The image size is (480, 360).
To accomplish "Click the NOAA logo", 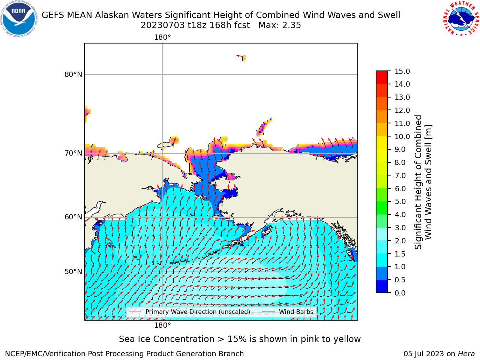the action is [19, 19].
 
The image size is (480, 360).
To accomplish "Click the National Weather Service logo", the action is [461, 19].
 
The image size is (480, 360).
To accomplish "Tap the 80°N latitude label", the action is [73, 75].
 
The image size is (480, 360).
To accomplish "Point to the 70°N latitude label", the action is [73, 153].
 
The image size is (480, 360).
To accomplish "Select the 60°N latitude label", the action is [73, 217].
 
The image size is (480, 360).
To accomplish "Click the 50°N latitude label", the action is [73, 272].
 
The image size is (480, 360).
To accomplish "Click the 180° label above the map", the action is [162, 37].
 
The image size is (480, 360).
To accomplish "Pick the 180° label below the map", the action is [162, 325].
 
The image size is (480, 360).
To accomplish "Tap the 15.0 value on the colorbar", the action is [402, 72].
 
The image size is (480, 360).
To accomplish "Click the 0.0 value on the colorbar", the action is [400, 293].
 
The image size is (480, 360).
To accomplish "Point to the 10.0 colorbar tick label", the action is [402, 136].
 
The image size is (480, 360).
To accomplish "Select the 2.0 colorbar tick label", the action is [400, 241].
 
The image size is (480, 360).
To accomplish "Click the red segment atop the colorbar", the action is [382, 78].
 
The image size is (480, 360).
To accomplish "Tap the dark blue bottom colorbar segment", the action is [382, 286].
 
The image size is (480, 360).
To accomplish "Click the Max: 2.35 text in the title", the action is [280, 25].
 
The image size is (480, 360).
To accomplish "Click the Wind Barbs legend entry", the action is [288, 312].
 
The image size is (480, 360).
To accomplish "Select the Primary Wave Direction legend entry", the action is [189, 312].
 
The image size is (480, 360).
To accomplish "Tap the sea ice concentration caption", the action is [240, 339].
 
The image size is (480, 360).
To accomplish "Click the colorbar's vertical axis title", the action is [423, 182].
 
